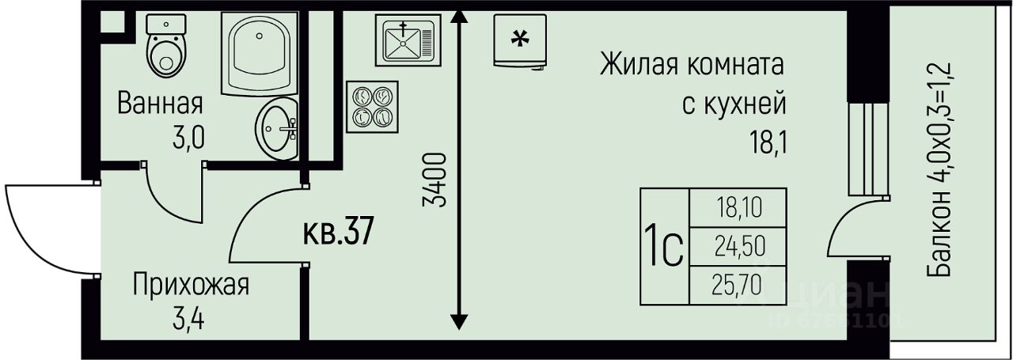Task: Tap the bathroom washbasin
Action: tap(277, 127)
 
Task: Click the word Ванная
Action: tap(161, 103)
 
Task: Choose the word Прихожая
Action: tap(191, 285)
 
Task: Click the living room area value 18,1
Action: tap(768, 143)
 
